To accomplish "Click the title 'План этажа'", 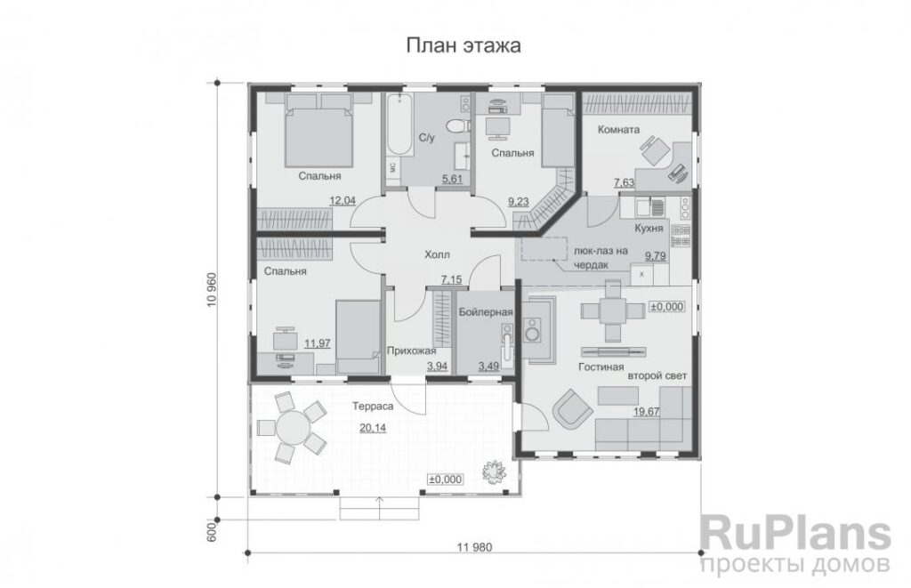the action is (x=463, y=45).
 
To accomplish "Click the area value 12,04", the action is (x=343, y=201).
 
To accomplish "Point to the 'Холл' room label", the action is (x=437, y=254).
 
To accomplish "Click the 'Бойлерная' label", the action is (x=486, y=312).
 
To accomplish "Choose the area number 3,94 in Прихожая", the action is (x=437, y=366).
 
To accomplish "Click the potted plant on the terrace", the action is (x=493, y=471).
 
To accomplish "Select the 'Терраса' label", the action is (x=373, y=407).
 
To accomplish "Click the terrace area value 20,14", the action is (x=373, y=428).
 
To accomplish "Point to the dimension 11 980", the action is (x=475, y=547).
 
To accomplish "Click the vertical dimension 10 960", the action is (x=211, y=290).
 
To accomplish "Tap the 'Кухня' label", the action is (x=649, y=229).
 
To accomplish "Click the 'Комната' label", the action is (x=618, y=130).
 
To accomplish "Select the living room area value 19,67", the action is (x=646, y=412).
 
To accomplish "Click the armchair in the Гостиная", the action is (x=573, y=407).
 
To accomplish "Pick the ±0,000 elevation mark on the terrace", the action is (x=446, y=479).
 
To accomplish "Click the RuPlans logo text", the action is (x=795, y=534).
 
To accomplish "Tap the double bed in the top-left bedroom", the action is (x=318, y=131).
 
